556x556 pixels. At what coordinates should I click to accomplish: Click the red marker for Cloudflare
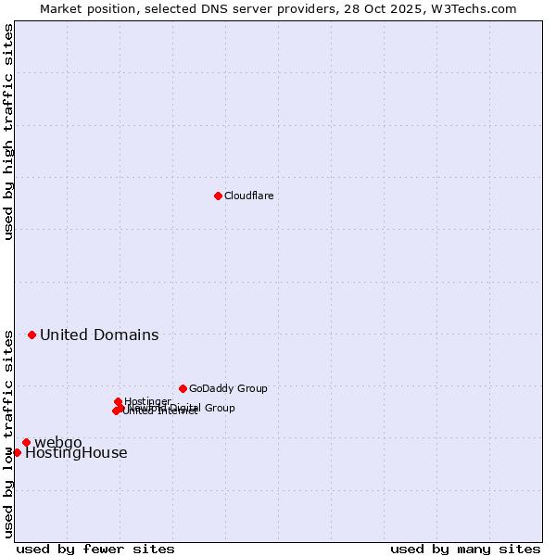coord(218,196)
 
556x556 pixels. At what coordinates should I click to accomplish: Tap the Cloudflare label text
coord(248,196)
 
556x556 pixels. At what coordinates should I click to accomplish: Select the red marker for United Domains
coord(32,335)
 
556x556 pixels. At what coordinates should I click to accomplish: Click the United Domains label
coord(99,335)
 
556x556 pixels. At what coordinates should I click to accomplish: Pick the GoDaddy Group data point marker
coord(183,388)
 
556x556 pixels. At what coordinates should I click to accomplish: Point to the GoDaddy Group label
coord(228,388)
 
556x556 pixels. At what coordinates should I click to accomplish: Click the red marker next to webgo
coord(26,442)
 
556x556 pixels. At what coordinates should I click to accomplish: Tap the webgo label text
coord(58,441)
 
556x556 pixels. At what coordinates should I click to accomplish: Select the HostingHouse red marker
coord(17,452)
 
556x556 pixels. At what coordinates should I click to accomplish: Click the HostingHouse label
coord(76,453)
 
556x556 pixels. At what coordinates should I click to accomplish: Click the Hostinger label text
coord(147,401)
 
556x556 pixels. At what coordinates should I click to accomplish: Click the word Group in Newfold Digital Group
coord(220,408)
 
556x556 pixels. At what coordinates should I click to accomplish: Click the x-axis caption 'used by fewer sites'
coord(95,549)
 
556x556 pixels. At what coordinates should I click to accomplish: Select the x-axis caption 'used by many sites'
coord(465,549)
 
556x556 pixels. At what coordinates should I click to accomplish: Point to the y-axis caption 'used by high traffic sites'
coord(8,132)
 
